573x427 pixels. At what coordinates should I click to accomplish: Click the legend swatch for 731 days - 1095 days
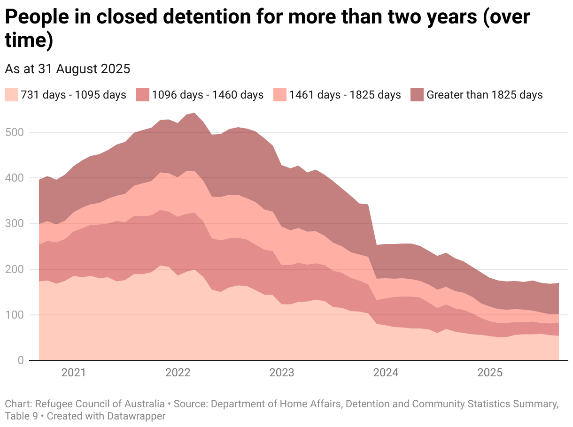11,95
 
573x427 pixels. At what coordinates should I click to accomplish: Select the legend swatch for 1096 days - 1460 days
143,95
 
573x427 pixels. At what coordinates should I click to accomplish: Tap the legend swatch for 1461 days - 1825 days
280,95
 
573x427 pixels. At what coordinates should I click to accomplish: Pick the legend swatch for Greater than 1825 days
418,95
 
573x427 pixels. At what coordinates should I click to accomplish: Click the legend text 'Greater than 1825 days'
484,95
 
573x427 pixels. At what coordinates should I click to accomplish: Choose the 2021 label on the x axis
74,373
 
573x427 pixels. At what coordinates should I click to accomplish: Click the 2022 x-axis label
178,373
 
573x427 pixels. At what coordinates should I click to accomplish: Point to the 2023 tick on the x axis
282,373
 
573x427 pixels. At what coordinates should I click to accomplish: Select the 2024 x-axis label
386,373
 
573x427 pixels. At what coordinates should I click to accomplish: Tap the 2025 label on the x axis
490,373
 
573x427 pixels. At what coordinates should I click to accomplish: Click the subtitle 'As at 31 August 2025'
67,69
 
